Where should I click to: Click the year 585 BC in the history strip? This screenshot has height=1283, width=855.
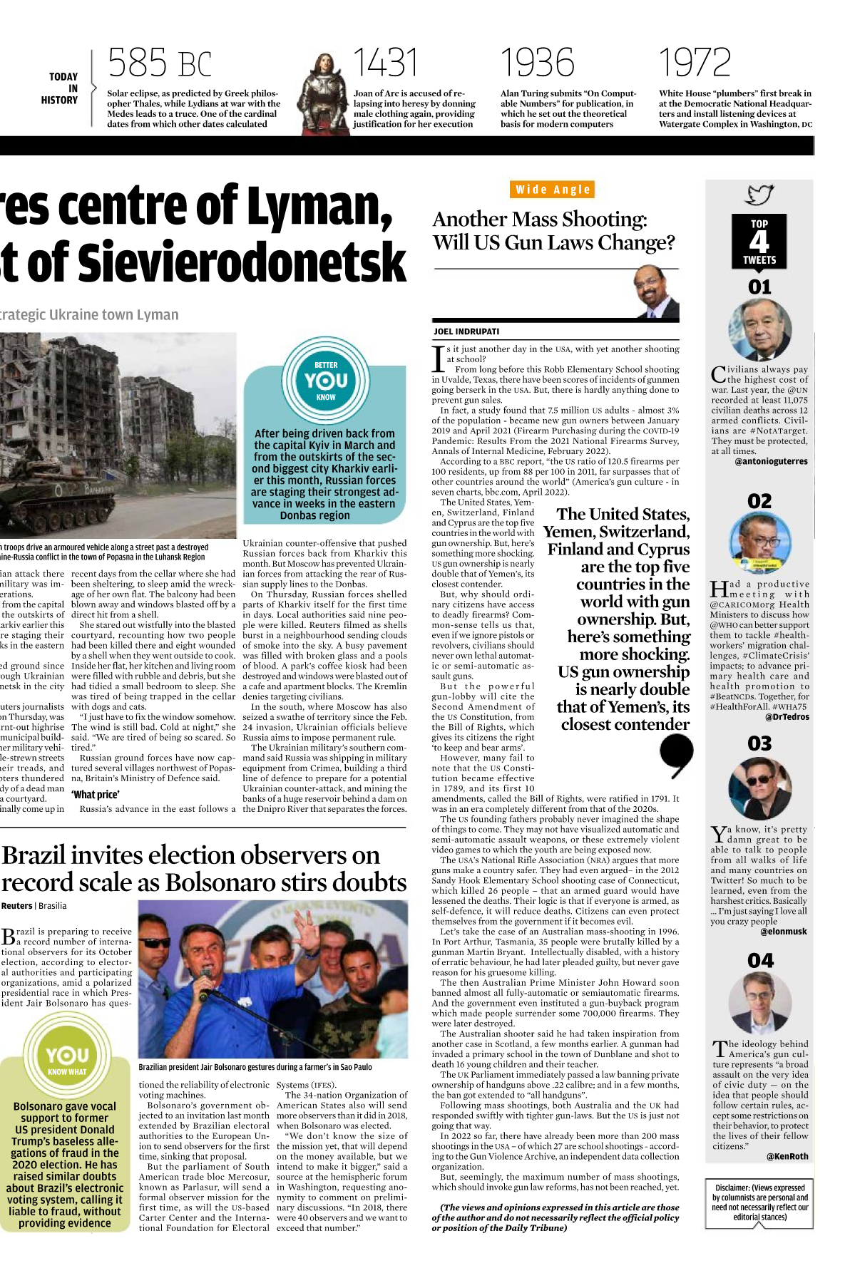tap(160, 63)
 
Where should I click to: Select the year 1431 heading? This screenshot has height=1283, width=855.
tap(385, 63)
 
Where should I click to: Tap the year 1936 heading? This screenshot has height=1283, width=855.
tap(537, 63)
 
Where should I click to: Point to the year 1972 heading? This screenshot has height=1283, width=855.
tap(695, 63)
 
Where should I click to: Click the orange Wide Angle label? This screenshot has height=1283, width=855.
tap(553, 190)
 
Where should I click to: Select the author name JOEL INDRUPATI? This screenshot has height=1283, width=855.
tap(466, 331)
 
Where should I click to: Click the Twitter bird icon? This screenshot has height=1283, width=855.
tap(759, 195)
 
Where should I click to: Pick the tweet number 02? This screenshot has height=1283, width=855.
tap(759, 501)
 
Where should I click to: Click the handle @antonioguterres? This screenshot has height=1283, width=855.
tap(771, 461)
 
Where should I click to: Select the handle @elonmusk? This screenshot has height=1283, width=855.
tap(783, 931)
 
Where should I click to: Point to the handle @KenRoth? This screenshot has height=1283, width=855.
tap(787, 1156)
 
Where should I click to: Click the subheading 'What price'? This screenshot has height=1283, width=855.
tap(96, 795)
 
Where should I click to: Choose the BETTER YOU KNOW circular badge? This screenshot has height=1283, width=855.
tap(326, 381)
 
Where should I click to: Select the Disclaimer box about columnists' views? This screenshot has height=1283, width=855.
tap(759, 1202)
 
